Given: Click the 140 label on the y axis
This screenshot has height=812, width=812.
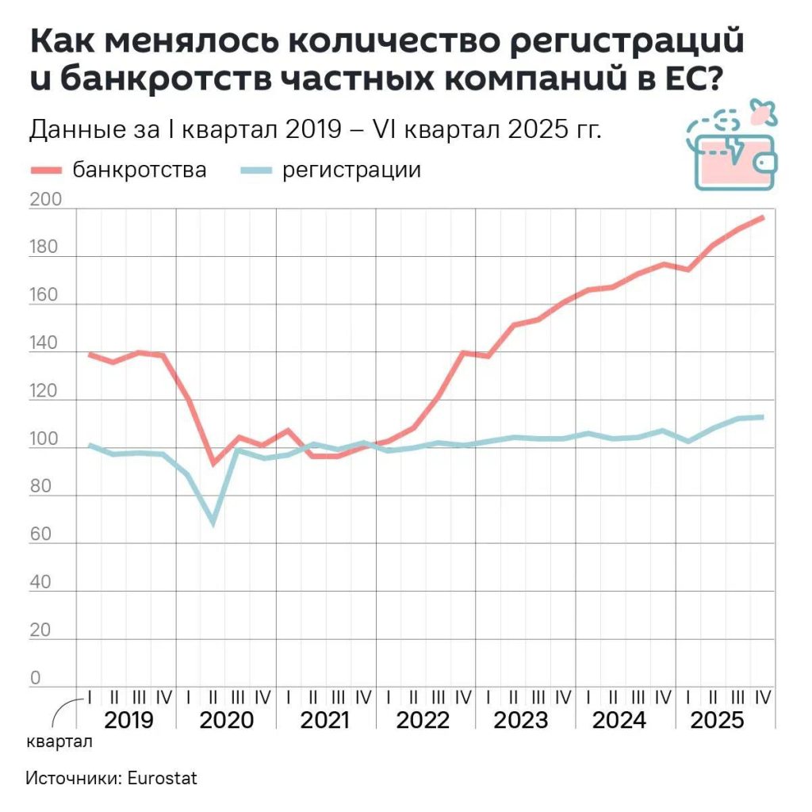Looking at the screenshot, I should (x=44, y=344).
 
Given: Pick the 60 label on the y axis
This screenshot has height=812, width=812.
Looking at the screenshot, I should (x=40, y=535).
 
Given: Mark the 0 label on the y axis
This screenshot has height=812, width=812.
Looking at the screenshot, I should (x=35, y=679).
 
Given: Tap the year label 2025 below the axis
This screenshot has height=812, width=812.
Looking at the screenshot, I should (x=718, y=721).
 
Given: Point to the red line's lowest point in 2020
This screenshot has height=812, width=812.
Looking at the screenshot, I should (x=213, y=463).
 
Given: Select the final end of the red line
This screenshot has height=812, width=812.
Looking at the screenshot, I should (x=763, y=217).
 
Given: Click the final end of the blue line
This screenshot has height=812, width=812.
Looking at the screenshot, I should (x=763, y=417).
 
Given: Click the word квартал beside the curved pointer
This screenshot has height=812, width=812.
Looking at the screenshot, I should (x=59, y=743).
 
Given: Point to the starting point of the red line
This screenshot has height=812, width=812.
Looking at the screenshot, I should (x=90, y=354).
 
